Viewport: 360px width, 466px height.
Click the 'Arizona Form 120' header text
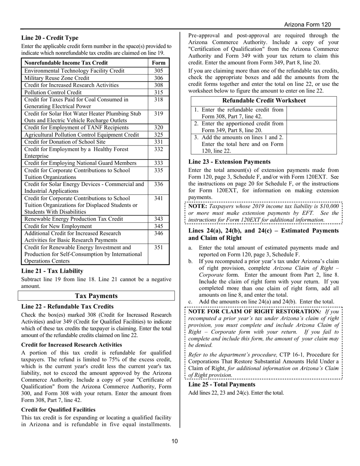click(x=307, y=25)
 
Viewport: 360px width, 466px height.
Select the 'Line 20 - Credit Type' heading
click(x=50, y=38)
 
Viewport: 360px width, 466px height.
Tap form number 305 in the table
click(x=158, y=71)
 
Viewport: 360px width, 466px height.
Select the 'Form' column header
click(x=158, y=63)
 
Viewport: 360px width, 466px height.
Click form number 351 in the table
click(x=158, y=247)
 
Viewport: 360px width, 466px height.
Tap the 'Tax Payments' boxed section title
click(x=96, y=296)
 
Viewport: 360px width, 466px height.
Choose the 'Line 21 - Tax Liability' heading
click(x=52, y=271)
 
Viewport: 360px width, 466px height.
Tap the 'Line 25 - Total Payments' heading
click(x=222, y=385)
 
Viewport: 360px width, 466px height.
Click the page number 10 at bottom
click(x=174, y=441)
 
